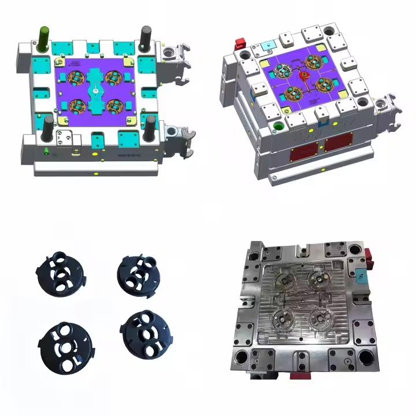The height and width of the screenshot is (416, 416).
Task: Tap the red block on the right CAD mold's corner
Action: tap(238, 43)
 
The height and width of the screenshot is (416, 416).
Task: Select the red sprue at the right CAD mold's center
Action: tap(307, 75)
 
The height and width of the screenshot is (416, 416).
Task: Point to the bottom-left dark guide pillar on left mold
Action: tap(48, 127)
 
